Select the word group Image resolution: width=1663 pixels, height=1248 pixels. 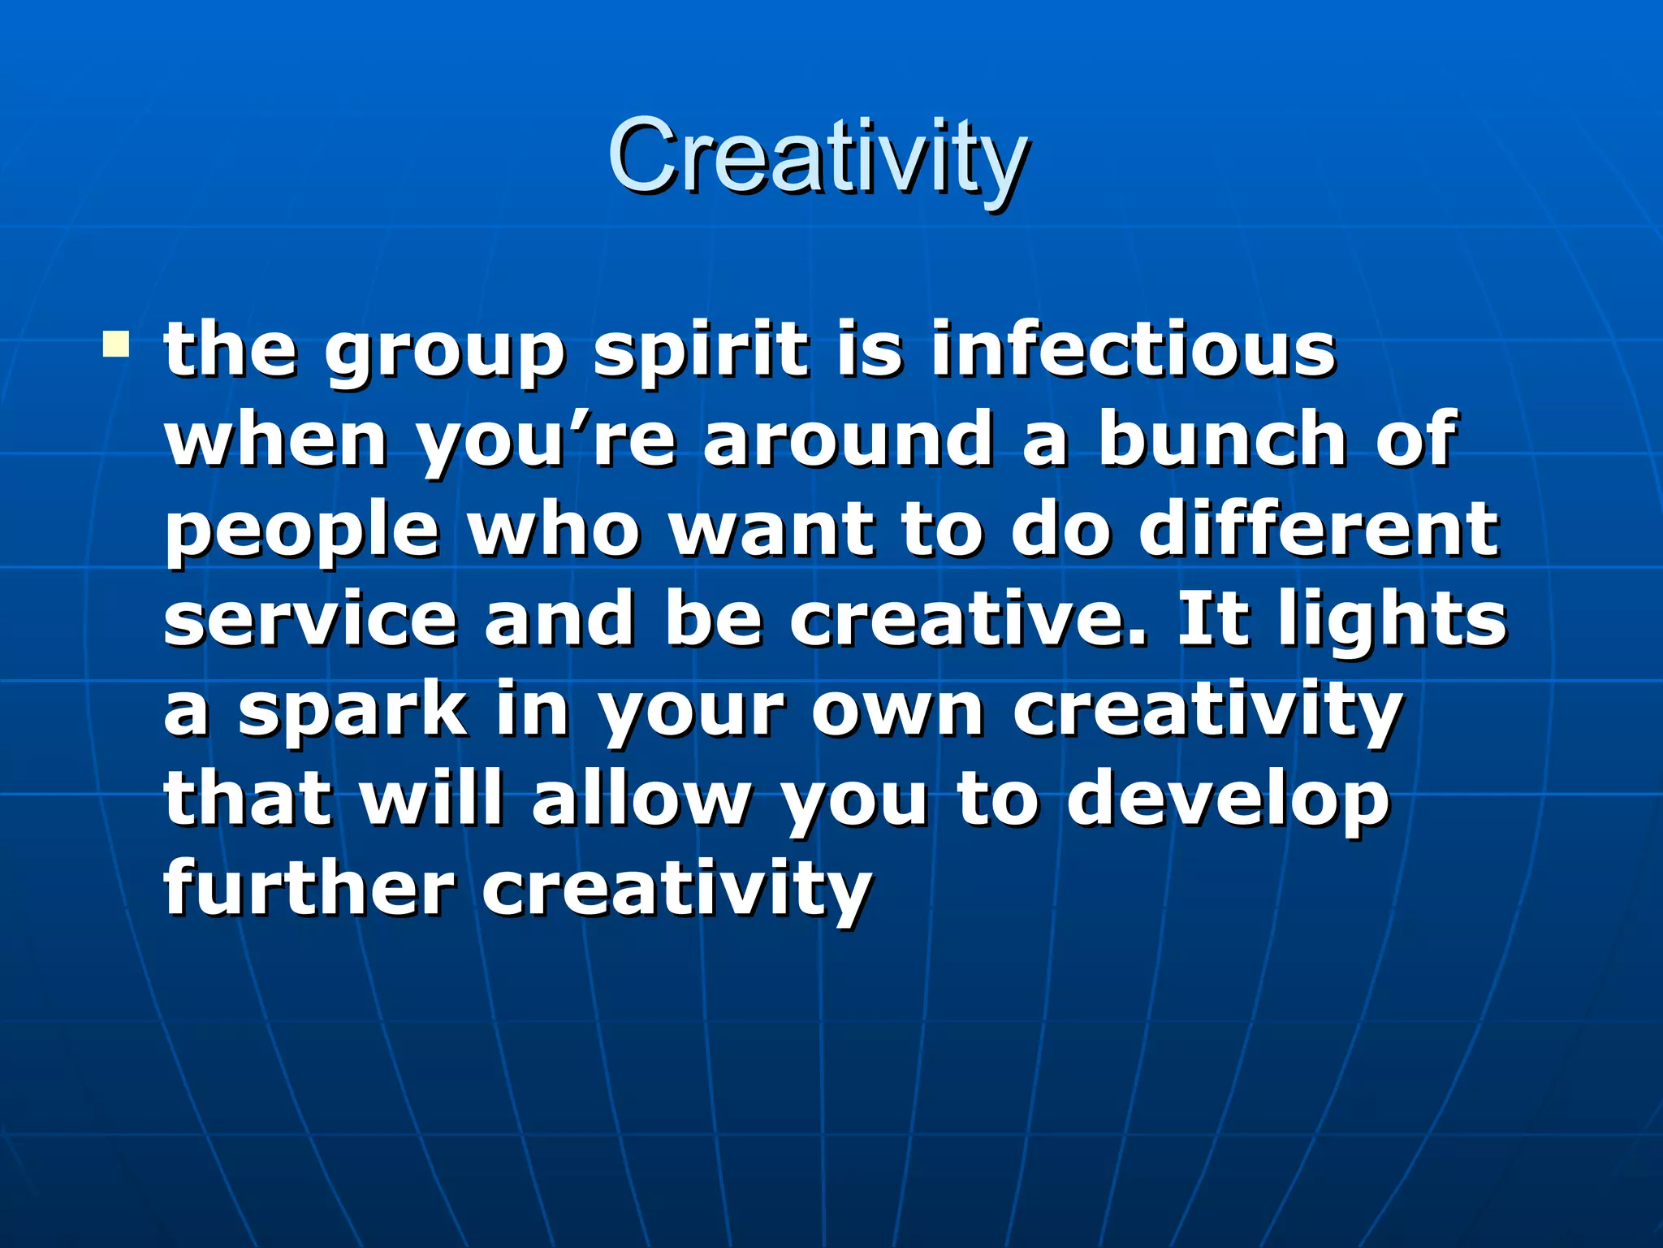[444, 354]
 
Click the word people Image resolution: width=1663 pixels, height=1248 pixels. [302, 532]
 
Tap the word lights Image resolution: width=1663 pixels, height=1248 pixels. [1392, 622]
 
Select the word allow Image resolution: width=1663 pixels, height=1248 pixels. [641, 799]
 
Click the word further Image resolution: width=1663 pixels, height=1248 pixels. [309, 888]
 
